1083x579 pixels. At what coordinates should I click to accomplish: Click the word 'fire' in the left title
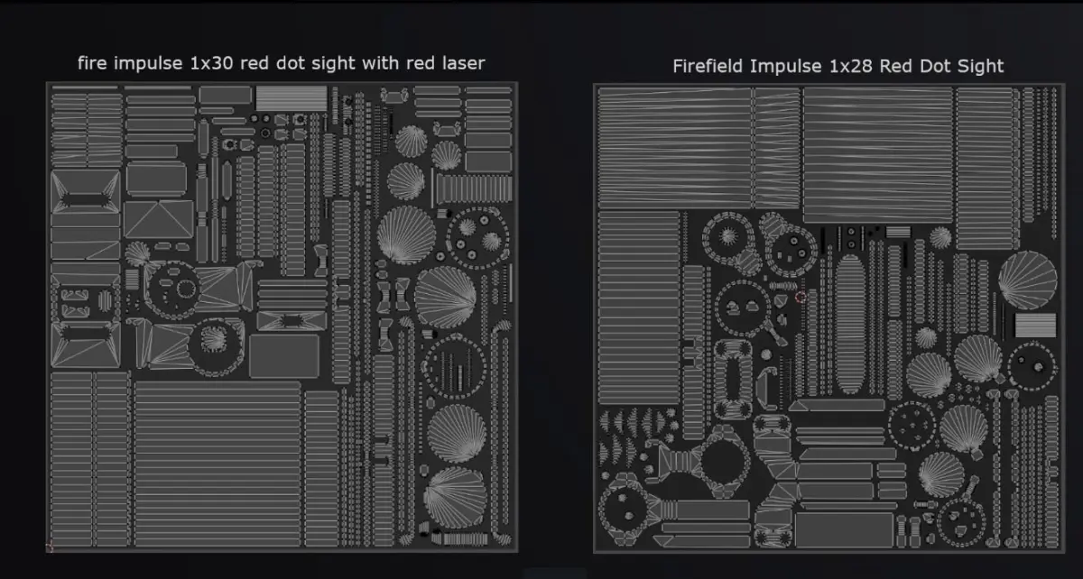point(91,63)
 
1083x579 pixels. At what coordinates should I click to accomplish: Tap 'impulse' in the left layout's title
point(148,64)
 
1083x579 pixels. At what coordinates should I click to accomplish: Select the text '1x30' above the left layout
point(211,64)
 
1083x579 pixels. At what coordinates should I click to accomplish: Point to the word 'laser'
point(463,63)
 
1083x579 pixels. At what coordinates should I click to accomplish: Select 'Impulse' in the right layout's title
point(786,67)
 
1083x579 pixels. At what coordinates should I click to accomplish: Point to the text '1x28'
point(850,66)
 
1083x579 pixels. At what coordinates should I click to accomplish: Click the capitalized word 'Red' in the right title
point(896,66)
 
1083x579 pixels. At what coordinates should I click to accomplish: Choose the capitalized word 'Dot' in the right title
point(935,66)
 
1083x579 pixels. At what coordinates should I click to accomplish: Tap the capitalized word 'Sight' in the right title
point(980,67)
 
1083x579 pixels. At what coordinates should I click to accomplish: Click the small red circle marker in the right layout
point(801,298)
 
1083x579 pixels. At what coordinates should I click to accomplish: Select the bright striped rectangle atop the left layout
point(291,98)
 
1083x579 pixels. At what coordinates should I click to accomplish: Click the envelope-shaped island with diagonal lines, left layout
point(159,219)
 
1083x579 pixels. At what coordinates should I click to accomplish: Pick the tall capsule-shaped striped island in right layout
point(849,325)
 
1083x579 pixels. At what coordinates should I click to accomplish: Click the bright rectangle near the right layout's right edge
point(1036,326)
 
